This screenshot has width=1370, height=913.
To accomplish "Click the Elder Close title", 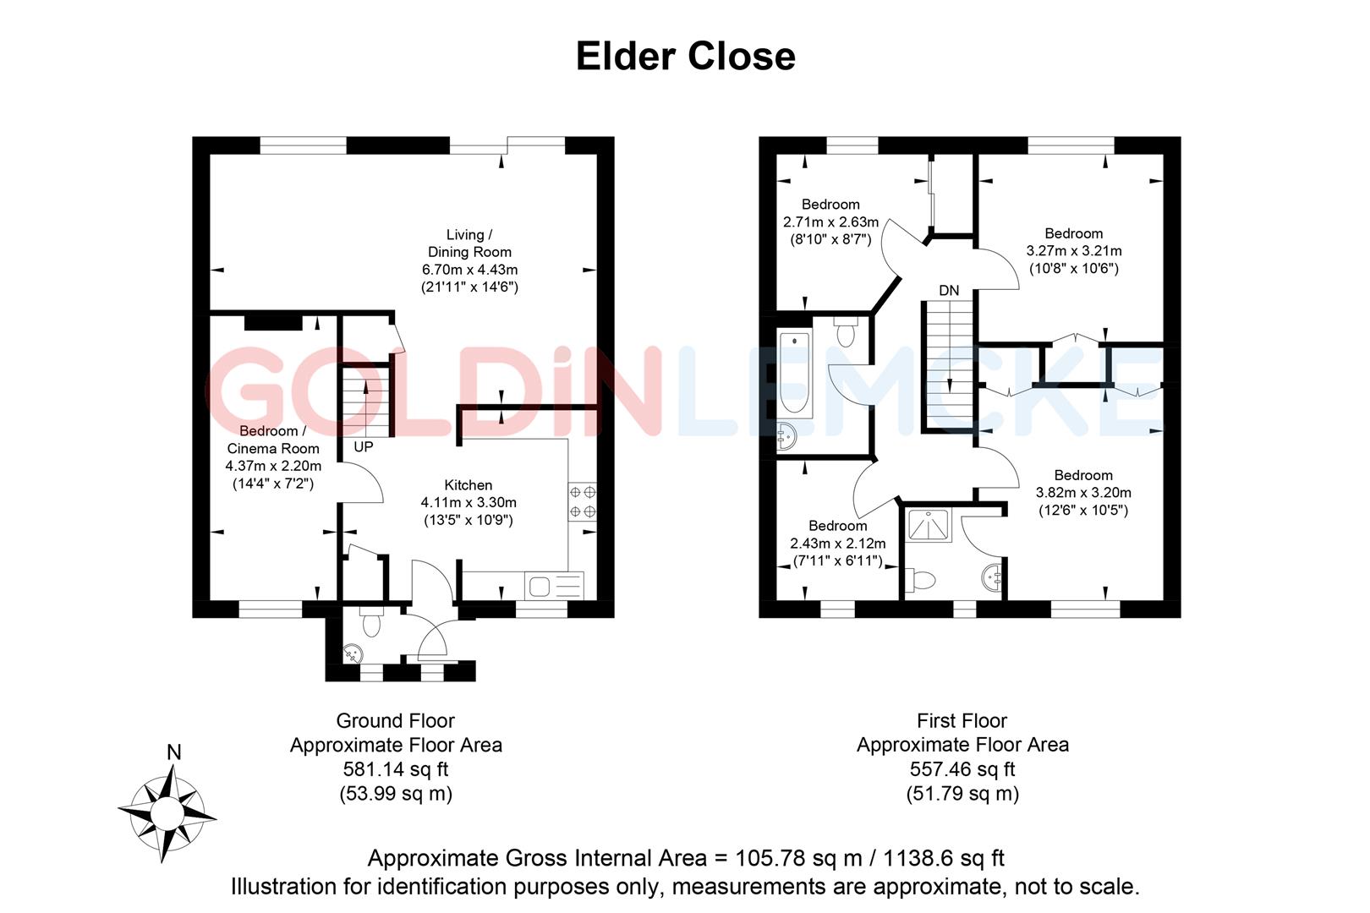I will tap(685, 57).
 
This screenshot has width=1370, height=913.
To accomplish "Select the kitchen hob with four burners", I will tap(582, 500).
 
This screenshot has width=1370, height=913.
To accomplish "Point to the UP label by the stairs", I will tap(363, 447).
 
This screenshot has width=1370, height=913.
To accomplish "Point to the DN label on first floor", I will tap(949, 291).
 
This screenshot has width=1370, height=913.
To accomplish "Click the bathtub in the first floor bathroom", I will tap(794, 372).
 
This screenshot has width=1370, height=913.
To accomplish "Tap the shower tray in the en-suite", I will tap(929, 525).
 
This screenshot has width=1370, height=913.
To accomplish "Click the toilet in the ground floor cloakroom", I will tap(370, 623).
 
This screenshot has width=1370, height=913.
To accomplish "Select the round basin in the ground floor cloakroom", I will tap(353, 653).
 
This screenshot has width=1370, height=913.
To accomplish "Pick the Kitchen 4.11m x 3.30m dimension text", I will tap(469, 502).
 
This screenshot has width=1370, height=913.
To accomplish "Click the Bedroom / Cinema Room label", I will tap(273, 440).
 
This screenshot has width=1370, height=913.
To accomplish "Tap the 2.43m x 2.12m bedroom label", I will tap(837, 544).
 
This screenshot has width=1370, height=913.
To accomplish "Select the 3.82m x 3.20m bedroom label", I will tap(1083, 493).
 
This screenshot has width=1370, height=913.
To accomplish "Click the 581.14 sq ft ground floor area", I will tap(395, 769).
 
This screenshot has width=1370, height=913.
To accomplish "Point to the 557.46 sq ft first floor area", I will tap(962, 769).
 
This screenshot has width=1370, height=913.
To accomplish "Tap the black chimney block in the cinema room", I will tap(273, 322).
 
